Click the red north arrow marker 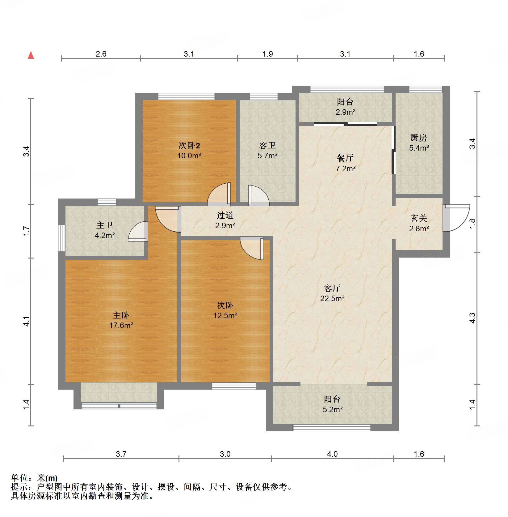tap(31, 55)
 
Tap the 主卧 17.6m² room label tap(121, 320)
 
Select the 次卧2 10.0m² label tap(189, 150)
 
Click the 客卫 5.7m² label tap(267, 150)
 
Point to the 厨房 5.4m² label tap(419, 143)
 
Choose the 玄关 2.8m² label tap(419, 223)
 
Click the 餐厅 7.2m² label tap(345, 163)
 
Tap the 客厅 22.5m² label tap(332, 293)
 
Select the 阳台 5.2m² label tap(332, 404)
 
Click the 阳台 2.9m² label tap(345, 107)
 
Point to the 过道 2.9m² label tap(225, 220)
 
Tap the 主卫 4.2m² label tap(105, 230)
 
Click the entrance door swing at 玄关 tap(456, 218)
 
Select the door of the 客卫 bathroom tap(258, 196)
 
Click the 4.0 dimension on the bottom tap(332, 454)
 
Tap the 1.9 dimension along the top tap(267, 54)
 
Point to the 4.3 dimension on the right tap(472, 318)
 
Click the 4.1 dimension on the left tap(27, 321)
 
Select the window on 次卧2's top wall tap(186, 96)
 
